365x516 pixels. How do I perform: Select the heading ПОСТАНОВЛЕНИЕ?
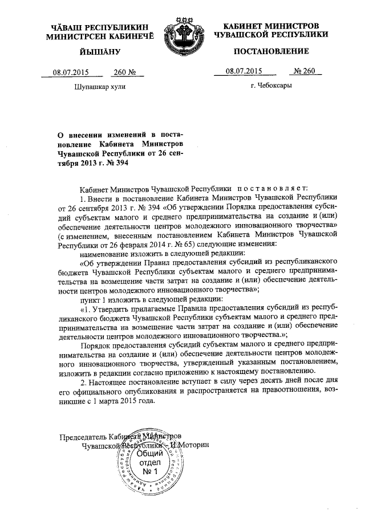click(271, 51)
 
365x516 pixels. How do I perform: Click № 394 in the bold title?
click(117, 162)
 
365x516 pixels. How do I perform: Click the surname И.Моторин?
click(194, 445)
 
